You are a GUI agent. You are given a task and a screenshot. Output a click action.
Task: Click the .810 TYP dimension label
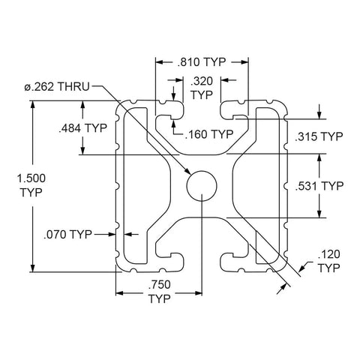pos(202,62)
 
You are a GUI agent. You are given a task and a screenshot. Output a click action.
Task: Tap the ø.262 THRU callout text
pos(57,87)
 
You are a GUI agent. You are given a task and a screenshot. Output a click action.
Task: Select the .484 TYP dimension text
pos(82,128)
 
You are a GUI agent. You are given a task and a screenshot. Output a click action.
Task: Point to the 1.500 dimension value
pos(31,178)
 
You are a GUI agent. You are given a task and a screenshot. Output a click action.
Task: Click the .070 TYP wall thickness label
pos(67,235)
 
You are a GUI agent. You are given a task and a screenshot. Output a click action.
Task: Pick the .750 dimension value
pos(160,284)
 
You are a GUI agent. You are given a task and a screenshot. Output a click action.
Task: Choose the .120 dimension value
pos(329,254)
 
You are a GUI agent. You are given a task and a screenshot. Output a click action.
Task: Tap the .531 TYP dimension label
pos(319,186)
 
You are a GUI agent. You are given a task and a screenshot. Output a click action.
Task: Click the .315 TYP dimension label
pos(319,136)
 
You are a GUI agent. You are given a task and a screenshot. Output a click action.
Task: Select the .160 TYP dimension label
pos(209,134)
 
